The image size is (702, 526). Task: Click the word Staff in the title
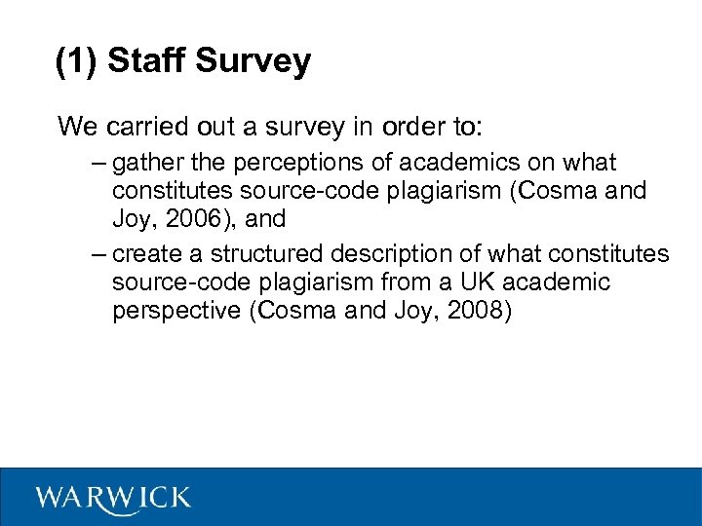point(147,61)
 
